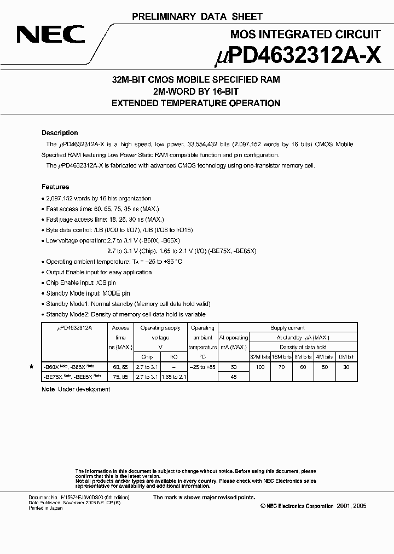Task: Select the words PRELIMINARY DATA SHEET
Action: (x=197, y=17)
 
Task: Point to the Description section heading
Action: (x=60, y=133)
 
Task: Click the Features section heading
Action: (x=55, y=187)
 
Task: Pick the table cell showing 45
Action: (x=234, y=377)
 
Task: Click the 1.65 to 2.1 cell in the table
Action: (x=174, y=377)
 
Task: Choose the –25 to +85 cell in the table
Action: (x=202, y=367)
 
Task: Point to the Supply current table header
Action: (x=288, y=328)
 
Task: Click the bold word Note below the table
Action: (x=48, y=389)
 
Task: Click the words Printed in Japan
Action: (x=45, y=508)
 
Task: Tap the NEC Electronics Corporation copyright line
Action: (x=313, y=506)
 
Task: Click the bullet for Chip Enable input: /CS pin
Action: (x=44, y=283)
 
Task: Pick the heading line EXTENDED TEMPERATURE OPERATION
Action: (x=196, y=103)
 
